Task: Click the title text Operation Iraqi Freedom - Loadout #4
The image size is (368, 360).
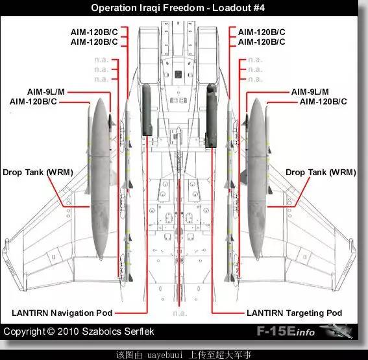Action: [x=178, y=8]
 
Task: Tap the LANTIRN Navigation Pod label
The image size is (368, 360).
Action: [x=62, y=313]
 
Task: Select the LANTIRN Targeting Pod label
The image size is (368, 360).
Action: [x=294, y=313]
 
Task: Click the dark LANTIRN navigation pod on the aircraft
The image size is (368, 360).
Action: [x=147, y=110]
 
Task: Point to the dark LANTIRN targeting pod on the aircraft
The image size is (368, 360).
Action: [x=211, y=115]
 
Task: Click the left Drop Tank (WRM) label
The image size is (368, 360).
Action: [x=38, y=173]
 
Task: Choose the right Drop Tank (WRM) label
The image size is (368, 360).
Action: [x=321, y=173]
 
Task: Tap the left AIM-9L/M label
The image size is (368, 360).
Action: [x=46, y=91]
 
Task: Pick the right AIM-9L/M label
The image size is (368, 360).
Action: [x=310, y=91]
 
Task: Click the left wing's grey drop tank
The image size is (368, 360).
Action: [x=101, y=179]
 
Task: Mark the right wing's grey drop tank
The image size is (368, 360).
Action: [x=257, y=179]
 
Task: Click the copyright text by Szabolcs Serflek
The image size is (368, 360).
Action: [x=79, y=331]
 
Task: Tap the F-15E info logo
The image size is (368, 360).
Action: [x=286, y=331]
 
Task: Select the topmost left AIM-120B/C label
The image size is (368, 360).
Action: [x=94, y=32]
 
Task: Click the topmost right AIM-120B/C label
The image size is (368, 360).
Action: [x=262, y=32]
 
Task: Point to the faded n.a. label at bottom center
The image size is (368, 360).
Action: [x=180, y=313]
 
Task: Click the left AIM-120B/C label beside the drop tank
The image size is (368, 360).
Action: [x=33, y=102]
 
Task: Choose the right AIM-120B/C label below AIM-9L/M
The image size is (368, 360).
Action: [x=323, y=102]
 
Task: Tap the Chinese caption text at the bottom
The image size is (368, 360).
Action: [x=184, y=355]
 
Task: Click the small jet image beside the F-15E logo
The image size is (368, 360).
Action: [x=336, y=331]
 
